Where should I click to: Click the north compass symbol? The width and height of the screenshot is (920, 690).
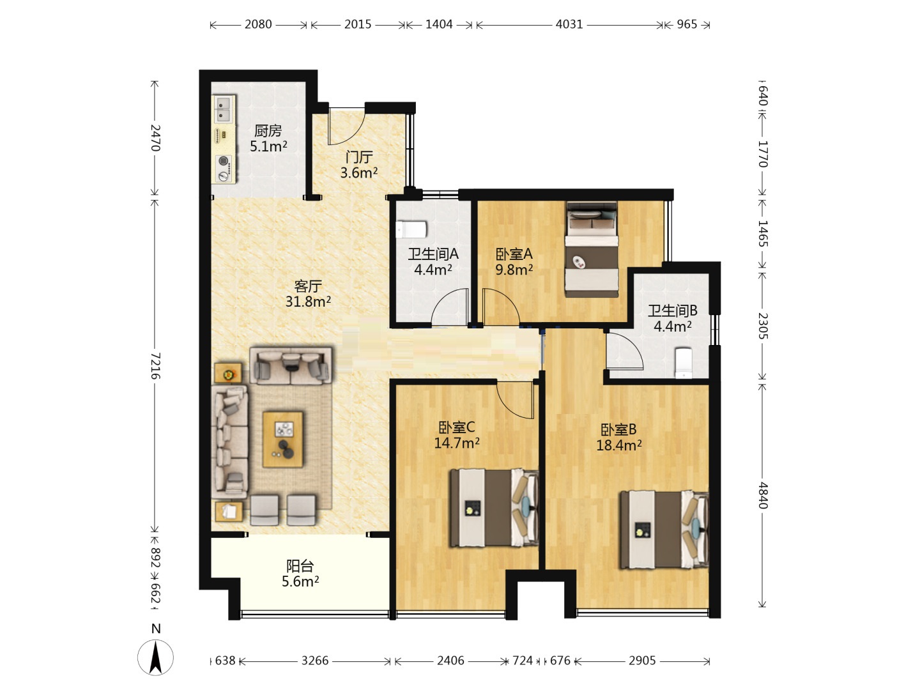click(x=155, y=657)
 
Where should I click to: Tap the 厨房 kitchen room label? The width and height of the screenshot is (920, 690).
click(x=268, y=131)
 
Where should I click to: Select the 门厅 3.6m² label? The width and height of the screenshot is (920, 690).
click(x=359, y=165)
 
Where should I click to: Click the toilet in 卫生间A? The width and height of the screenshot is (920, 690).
click(x=411, y=229)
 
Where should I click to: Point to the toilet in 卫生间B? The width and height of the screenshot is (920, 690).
click(x=684, y=363)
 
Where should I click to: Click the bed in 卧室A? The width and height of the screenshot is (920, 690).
click(x=592, y=249)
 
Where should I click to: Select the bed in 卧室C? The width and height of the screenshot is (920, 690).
click(x=494, y=508)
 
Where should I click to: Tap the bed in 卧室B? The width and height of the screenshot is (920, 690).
click(x=664, y=530)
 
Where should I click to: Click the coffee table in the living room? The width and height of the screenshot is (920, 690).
click(x=283, y=439)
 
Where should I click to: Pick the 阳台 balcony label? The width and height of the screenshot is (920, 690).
click(x=300, y=566)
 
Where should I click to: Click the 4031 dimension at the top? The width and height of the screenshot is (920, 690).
click(x=569, y=24)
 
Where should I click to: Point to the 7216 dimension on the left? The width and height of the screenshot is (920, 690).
click(x=155, y=365)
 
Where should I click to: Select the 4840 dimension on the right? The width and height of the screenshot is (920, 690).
click(x=763, y=495)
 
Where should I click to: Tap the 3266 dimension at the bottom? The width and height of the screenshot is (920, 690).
click(x=315, y=661)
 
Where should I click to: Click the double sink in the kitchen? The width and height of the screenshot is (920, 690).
click(x=224, y=109)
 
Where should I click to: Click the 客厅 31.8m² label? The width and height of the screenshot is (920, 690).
click(x=308, y=294)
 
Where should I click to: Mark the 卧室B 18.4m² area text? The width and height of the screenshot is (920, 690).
click(x=618, y=438)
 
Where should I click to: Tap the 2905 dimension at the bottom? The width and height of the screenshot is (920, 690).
click(x=642, y=661)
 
